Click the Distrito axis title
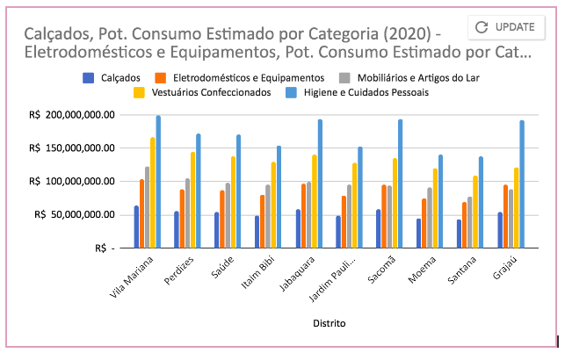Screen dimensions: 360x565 [x=329, y=323]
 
